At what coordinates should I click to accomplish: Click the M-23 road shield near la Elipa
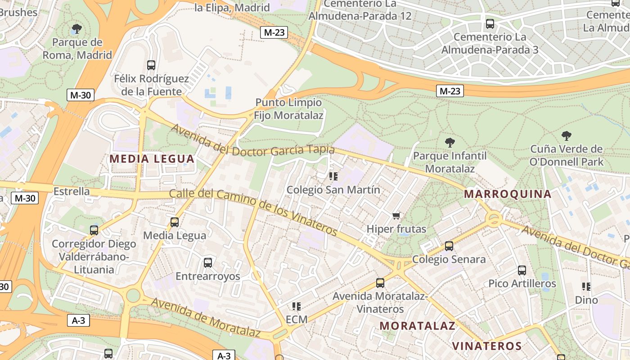tap(274, 32)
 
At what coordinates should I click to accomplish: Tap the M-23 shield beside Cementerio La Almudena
tap(450, 91)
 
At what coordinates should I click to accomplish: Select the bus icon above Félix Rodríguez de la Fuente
tap(151, 65)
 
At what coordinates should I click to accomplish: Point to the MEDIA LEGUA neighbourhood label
tap(152, 159)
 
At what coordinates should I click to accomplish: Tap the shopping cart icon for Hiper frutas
tap(396, 216)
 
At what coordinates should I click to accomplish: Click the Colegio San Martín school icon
tap(333, 176)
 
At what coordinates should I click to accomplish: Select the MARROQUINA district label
tap(508, 194)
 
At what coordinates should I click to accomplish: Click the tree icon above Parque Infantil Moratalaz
tap(450, 143)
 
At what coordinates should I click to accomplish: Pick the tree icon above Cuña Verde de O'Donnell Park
tap(567, 135)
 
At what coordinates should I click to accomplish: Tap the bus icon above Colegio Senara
tap(449, 246)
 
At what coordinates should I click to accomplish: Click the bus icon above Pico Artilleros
tap(522, 270)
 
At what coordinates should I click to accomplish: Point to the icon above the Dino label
tap(586, 287)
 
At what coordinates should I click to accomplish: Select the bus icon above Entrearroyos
tap(207, 263)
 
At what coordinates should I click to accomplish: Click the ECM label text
tap(297, 319)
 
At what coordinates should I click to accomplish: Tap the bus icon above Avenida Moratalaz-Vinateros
tap(380, 283)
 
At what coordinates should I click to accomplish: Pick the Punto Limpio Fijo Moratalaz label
tap(288, 109)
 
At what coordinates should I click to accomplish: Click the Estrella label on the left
tap(72, 191)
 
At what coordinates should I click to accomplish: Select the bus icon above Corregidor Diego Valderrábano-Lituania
tap(94, 230)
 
